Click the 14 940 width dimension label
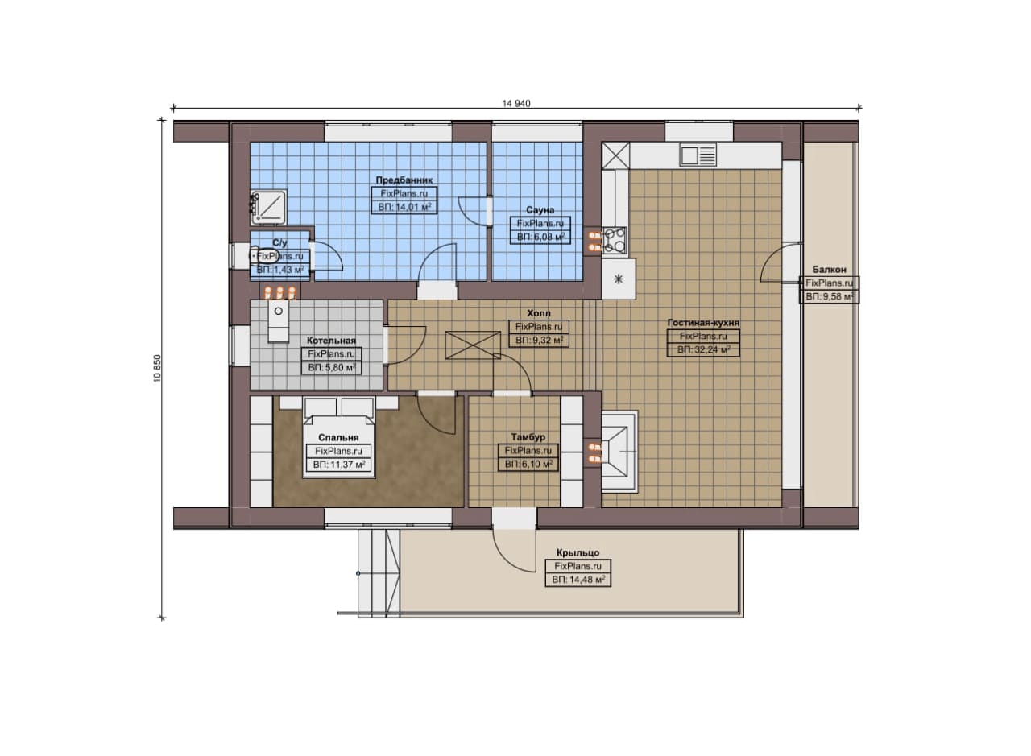click(x=516, y=104)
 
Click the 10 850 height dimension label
click(x=158, y=369)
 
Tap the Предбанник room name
click(x=404, y=180)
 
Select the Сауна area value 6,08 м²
click(x=540, y=237)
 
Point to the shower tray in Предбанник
click(x=269, y=207)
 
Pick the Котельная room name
click(x=331, y=341)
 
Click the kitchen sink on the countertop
click(x=698, y=155)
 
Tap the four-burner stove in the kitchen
click(x=615, y=240)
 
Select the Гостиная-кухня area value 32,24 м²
click(x=703, y=350)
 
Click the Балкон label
click(x=829, y=270)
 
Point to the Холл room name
click(x=539, y=313)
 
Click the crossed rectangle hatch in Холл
click(x=473, y=345)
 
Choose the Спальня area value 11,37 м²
click(x=339, y=465)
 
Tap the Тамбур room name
click(x=528, y=437)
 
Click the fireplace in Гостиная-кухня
click(x=619, y=452)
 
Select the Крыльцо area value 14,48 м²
click(x=578, y=580)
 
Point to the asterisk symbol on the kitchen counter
click(x=619, y=279)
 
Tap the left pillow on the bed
click(x=321, y=407)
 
